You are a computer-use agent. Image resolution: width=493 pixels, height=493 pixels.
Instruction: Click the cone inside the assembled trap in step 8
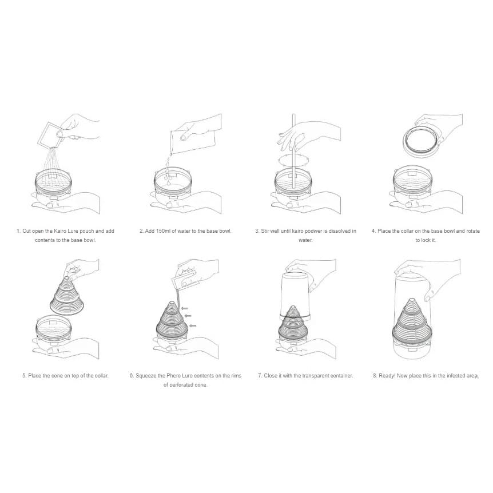click(412, 318)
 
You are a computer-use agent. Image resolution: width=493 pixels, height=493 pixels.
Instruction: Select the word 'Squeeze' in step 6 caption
click(146, 376)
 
